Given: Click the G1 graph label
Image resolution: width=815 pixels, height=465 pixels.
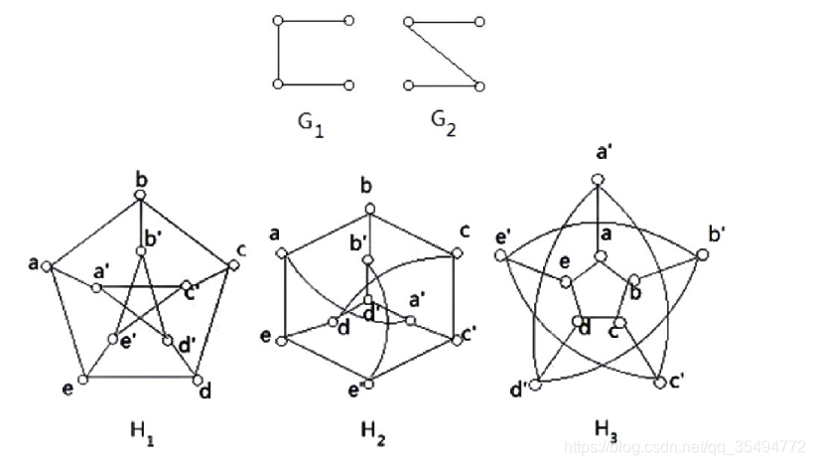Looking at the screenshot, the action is coord(311,124).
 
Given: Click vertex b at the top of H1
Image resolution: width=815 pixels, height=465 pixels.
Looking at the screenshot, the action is coord(142,195).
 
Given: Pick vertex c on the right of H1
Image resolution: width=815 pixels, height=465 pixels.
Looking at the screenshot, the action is coord(234,264).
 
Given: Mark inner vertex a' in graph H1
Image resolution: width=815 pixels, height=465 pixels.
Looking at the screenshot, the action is coord(96,288).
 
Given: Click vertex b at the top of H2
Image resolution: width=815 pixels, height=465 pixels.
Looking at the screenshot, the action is coord(368,208).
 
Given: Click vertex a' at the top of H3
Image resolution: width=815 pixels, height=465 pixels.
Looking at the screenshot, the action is coord(598,178).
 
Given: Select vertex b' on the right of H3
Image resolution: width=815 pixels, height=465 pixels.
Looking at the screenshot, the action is coord(703,255).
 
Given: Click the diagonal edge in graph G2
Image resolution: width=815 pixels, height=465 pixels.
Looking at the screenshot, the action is coord(444,53).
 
